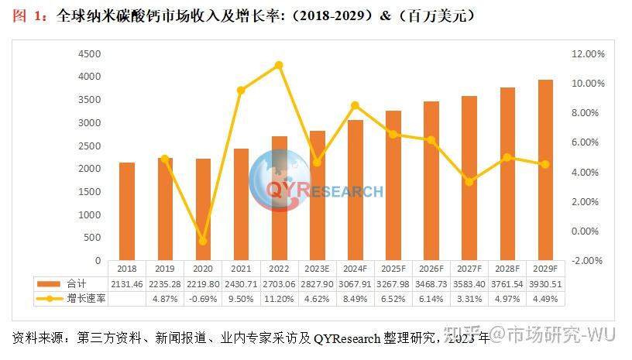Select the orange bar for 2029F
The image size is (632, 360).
545,170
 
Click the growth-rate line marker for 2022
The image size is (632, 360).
279,65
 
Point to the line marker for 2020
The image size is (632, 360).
203,241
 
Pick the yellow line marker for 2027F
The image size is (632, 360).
469,182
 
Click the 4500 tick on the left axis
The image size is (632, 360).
91,53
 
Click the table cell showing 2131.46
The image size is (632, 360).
127,284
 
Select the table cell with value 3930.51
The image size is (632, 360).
545,284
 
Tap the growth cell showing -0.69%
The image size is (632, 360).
203,298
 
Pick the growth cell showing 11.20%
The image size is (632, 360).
279,298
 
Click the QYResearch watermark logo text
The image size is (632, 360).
325,190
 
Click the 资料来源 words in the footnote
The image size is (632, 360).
35,338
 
